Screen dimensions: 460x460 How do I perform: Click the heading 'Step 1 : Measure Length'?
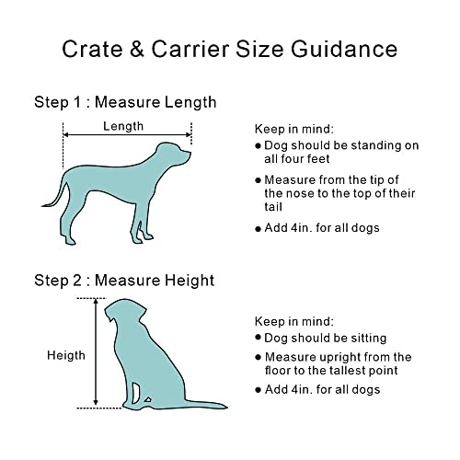pos(125,101)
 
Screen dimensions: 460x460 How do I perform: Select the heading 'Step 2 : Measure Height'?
pos(124,280)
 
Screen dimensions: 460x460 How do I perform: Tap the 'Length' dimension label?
pos(123,127)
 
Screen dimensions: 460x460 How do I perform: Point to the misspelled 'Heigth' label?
pos(66,355)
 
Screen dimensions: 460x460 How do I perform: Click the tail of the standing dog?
pos(53,191)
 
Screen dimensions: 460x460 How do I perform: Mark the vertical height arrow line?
pos(94,353)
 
